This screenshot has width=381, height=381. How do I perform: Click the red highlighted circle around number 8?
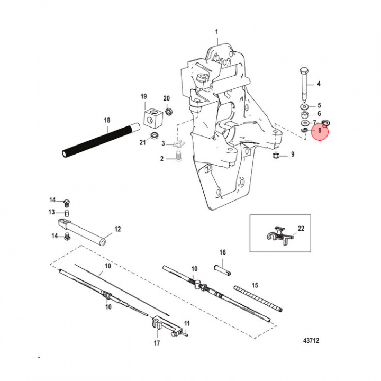coord(320,131)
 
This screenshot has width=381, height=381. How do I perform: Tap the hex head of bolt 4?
coord(304,71)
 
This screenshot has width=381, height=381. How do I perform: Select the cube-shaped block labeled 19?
coord(152,117)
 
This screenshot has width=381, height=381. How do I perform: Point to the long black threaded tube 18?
coord(101,140)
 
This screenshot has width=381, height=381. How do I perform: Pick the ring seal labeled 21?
coord(154,135)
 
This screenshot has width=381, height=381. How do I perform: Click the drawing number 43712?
coord(311,340)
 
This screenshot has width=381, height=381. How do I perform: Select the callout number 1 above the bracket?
coord(216,32)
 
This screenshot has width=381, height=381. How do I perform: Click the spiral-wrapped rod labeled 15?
coord(258,298)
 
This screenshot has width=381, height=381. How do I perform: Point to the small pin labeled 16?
coord(222,270)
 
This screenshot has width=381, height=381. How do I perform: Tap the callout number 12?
coord(117,229)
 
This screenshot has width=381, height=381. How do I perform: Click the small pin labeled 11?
coord(186,334)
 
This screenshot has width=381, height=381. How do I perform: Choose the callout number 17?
coord(157,343)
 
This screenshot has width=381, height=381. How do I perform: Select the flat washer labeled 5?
coord(304,106)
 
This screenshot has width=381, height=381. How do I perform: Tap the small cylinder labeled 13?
coord(67,213)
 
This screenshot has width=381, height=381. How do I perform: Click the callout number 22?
coord(301,229)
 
